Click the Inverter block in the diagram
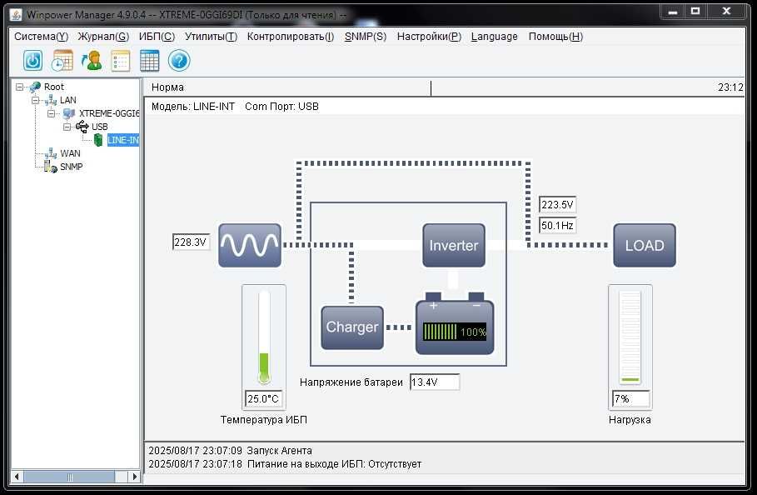click(454, 245)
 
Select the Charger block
click(352, 327)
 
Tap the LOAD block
click(645, 245)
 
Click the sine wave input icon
click(250, 245)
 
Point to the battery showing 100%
click(455, 323)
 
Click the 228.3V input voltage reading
click(191, 242)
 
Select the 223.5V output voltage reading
click(557, 205)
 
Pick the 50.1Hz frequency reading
click(557, 226)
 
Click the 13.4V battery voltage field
click(435, 382)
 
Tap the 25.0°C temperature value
click(263, 399)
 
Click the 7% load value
click(630, 399)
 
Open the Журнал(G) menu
click(103, 37)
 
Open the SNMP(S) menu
click(366, 37)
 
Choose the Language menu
click(495, 37)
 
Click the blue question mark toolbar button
click(179, 61)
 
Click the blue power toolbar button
click(32, 61)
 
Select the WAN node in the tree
click(70, 153)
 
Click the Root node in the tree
click(53, 87)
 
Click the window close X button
click(726, 11)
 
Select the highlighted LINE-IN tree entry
click(122, 140)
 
